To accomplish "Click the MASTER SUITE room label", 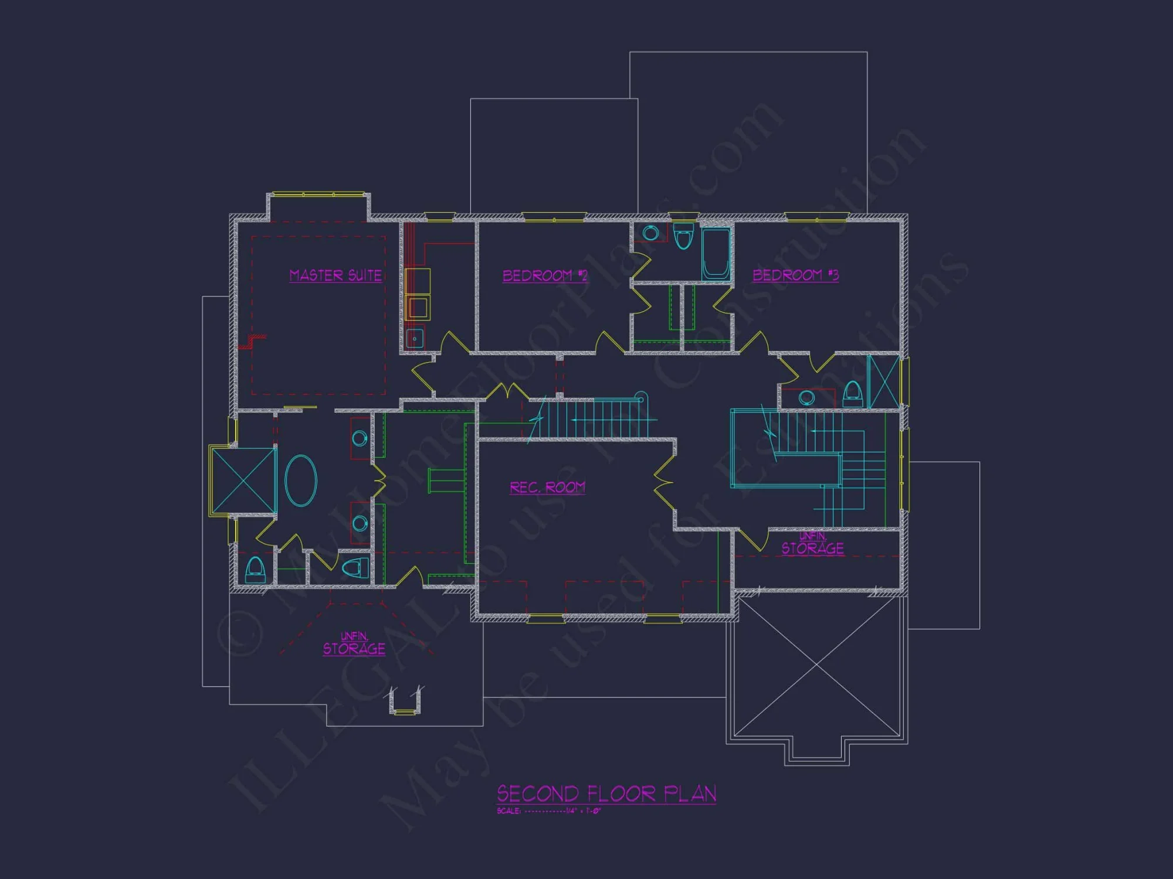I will (x=335, y=275).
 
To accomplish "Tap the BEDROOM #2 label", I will (x=545, y=275).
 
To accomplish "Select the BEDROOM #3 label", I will (x=795, y=275).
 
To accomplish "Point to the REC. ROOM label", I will (x=547, y=488).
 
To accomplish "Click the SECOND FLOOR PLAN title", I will (x=606, y=794).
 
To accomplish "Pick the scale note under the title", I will (x=548, y=812).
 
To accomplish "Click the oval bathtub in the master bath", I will (x=301, y=481).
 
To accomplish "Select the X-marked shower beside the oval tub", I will (x=243, y=481).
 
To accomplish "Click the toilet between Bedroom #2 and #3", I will (x=683, y=236).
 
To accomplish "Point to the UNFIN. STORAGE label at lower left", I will (x=354, y=644).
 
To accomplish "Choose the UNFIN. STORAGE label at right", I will (x=813, y=544).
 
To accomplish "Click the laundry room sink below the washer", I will (x=415, y=339).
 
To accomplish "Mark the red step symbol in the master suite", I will (x=253, y=341).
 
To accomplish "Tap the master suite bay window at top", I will (x=318, y=194).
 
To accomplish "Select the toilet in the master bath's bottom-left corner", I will (x=255, y=570).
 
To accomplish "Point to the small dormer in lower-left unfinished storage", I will (x=405, y=701).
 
